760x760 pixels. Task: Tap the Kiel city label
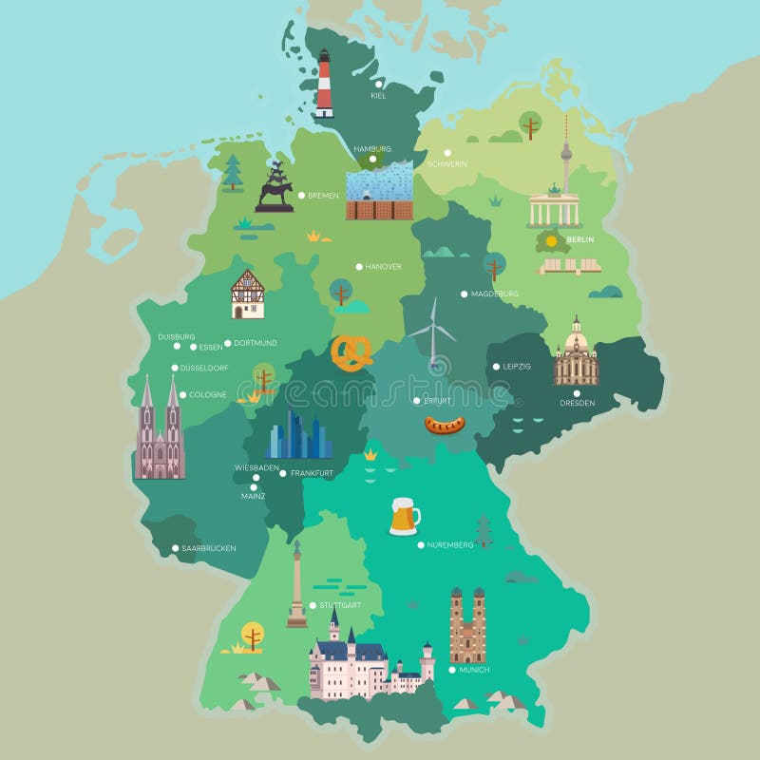[x=379, y=95]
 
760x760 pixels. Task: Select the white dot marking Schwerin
[x=446, y=153]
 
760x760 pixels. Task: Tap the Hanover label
[x=384, y=267]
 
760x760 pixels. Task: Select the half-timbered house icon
[x=248, y=294]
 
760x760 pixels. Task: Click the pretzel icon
[x=351, y=353]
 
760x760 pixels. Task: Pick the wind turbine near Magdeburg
[x=432, y=332]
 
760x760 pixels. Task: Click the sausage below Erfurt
[x=444, y=425]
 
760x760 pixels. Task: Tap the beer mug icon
[x=404, y=517]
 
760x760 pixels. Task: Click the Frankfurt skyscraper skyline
[x=297, y=437]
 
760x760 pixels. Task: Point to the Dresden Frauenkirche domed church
[x=576, y=352]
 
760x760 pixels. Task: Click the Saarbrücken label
[x=209, y=548]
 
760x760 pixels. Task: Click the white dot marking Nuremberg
[x=420, y=544]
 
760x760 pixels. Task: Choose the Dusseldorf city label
[x=206, y=368]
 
